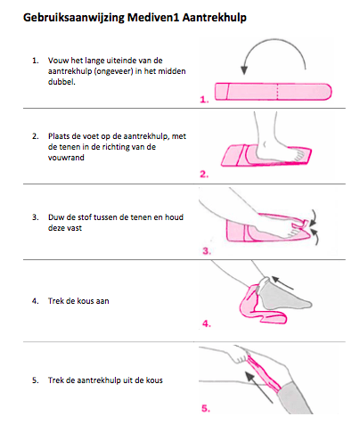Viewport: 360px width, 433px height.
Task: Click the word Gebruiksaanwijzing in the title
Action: [74, 18]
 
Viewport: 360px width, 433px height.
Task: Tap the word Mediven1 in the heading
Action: [153, 17]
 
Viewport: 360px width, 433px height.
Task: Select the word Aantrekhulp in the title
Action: [214, 18]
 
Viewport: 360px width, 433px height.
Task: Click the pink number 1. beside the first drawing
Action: [204, 99]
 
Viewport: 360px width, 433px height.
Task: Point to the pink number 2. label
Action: [204, 174]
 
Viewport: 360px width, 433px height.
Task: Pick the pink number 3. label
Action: [207, 251]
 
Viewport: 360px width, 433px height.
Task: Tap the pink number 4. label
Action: [207, 323]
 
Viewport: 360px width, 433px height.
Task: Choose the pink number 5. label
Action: [206, 408]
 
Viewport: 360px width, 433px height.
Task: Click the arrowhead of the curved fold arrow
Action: [244, 70]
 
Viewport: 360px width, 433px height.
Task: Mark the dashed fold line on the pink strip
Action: [277, 92]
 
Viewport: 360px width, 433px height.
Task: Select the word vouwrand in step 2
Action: [66, 158]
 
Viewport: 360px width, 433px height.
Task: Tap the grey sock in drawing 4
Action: [283, 294]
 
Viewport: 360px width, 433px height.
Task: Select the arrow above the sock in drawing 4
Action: [282, 282]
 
